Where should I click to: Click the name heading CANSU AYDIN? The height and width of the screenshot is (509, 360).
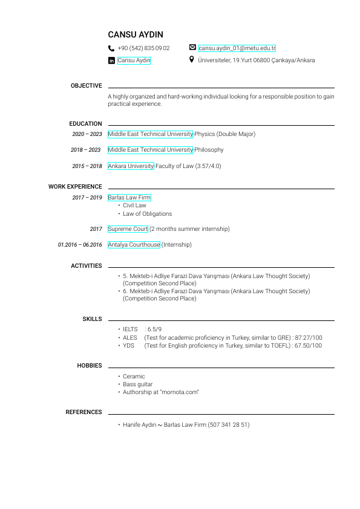[x=136, y=35]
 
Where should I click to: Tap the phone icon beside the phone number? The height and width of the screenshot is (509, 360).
[x=111, y=48]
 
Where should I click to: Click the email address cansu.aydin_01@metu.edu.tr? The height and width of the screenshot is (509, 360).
[x=237, y=48]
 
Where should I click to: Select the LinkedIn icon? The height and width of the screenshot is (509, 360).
[x=111, y=60]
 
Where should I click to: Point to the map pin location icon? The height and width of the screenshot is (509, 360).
[x=192, y=60]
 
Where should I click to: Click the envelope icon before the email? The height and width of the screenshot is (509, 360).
[x=192, y=48]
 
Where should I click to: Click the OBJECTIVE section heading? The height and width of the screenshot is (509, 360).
[x=86, y=86]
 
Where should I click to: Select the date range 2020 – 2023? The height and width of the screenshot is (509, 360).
[x=87, y=134]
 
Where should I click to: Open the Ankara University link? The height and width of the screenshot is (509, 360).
[x=131, y=166]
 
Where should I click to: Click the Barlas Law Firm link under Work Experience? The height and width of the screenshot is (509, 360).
[x=129, y=198]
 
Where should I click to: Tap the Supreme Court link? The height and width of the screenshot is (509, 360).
[x=128, y=229]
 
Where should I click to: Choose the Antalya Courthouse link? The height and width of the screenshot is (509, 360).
[x=134, y=245]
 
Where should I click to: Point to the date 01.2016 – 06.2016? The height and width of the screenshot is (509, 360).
[x=80, y=245]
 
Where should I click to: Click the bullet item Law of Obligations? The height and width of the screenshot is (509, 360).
[x=147, y=214]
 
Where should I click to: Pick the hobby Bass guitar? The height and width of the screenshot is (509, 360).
[x=137, y=384]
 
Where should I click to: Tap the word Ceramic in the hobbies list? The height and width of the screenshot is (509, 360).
[x=134, y=377]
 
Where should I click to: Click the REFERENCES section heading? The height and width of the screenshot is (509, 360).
[x=83, y=412]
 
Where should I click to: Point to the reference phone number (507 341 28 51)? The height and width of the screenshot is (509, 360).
[x=229, y=425]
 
